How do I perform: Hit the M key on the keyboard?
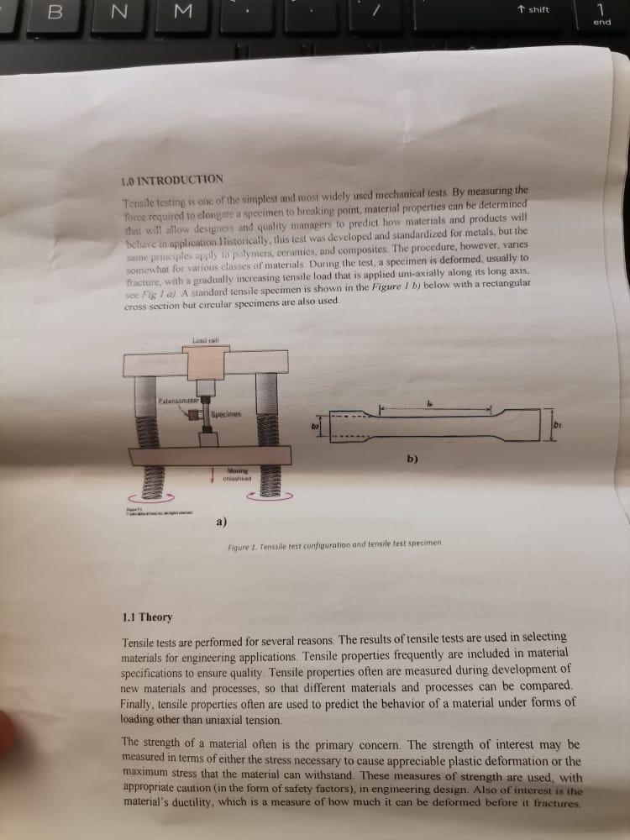(186, 13)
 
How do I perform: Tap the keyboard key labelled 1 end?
(601, 13)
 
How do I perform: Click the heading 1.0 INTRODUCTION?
(172, 179)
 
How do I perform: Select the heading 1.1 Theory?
(147, 617)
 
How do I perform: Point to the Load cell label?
(205, 339)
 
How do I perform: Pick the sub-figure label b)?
(412, 459)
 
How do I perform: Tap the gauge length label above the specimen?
(430, 404)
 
